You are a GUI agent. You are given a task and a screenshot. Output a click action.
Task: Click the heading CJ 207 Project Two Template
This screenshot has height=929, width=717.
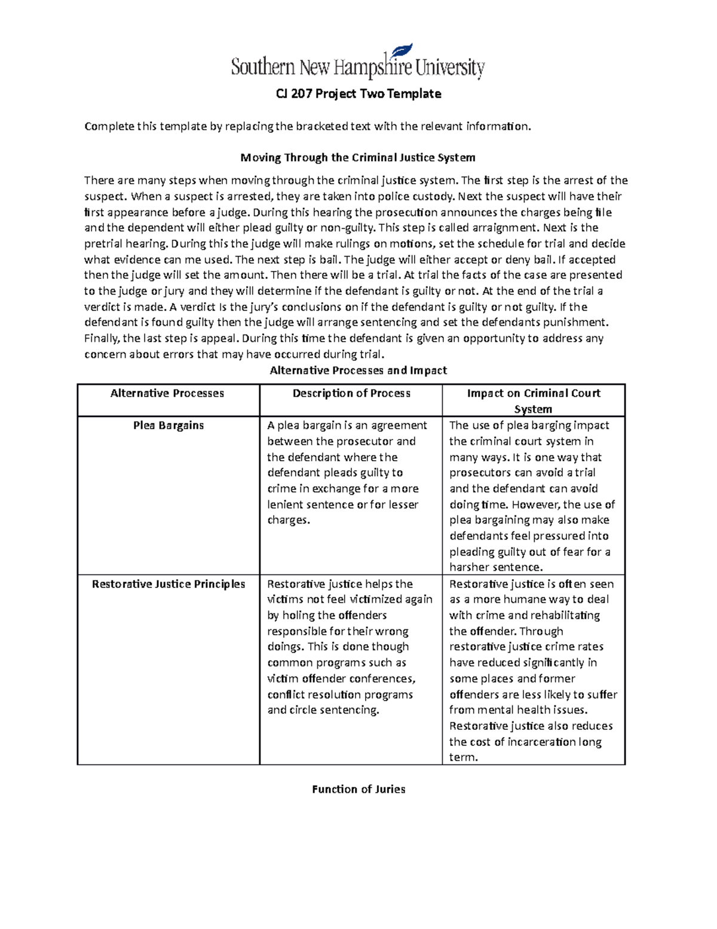358,94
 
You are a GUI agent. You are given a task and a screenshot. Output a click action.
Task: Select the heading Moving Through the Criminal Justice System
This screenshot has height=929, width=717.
358,158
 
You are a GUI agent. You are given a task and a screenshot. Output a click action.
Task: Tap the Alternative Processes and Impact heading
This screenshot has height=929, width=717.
358,370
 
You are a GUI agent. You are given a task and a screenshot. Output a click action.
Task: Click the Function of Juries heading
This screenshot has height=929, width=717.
358,790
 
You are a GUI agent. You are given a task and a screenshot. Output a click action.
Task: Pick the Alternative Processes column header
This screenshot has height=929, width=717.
167,394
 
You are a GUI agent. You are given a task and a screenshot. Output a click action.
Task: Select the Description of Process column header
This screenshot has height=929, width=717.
351,394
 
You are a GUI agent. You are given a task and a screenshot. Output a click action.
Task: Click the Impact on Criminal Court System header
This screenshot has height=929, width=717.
534,401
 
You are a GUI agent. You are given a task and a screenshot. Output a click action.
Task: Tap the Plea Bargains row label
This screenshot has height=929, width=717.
168,425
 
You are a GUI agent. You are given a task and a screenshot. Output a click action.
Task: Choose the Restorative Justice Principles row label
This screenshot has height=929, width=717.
168,584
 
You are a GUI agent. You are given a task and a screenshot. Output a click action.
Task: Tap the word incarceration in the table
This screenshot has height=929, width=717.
541,742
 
